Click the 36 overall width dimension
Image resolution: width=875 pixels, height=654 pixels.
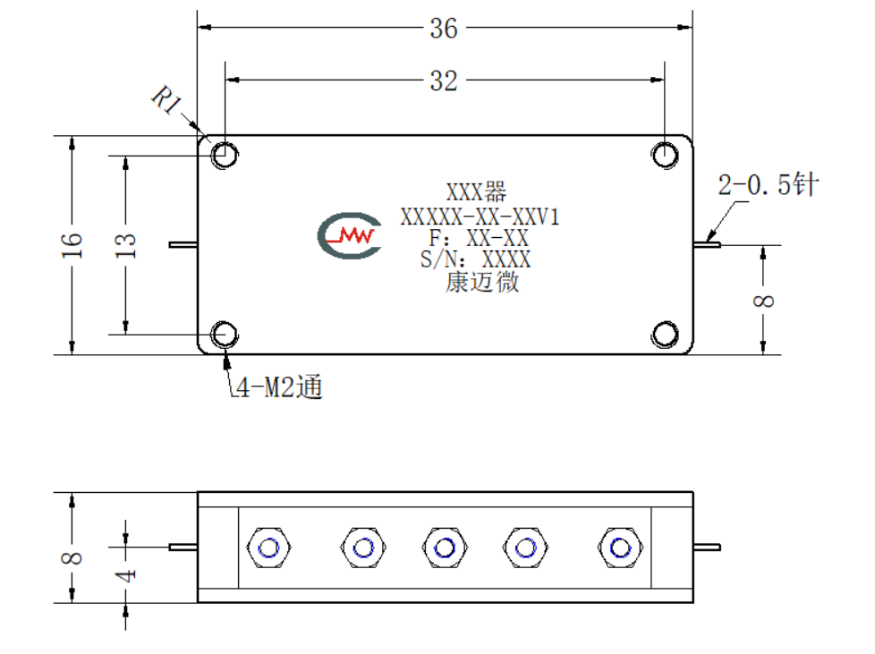click(x=444, y=29)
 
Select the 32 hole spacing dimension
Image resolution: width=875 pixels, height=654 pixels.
click(x=444, y=81)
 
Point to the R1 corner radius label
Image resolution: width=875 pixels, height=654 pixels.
click(x=166, y=100)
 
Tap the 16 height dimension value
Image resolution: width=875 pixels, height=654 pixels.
click(x=72, y=245)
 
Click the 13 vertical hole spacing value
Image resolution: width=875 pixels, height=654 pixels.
click(x=125, y=245)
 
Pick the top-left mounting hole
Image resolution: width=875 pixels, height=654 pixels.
click(x=225, y=155)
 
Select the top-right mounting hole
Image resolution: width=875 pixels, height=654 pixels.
click(x=665, y=155)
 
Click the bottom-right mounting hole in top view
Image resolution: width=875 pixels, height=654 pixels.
click(x=665, y=335)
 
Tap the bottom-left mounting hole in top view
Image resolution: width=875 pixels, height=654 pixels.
click(x=225, y=335)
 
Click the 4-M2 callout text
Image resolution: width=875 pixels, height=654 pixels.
click(x=279, y=386)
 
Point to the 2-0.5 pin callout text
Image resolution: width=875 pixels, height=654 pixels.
click(x=768, y=184)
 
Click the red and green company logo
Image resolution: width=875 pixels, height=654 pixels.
click(x=350, y=235)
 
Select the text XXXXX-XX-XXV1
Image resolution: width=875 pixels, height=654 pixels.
click(x=480, y=217)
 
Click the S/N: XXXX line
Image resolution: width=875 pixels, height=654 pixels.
click(x=475, y=259)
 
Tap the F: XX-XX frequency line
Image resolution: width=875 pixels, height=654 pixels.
click(x=479, y=238)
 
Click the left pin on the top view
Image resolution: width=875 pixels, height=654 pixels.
click(x=183, y=244)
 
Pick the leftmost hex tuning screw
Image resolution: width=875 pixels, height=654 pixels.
click(x=268, y=548)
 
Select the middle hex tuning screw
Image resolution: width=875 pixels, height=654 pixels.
click(x=445, y=548)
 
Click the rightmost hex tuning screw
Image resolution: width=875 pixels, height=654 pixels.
click(x=620, y=548)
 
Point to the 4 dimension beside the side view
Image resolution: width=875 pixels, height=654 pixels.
click(x=126, y=575)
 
